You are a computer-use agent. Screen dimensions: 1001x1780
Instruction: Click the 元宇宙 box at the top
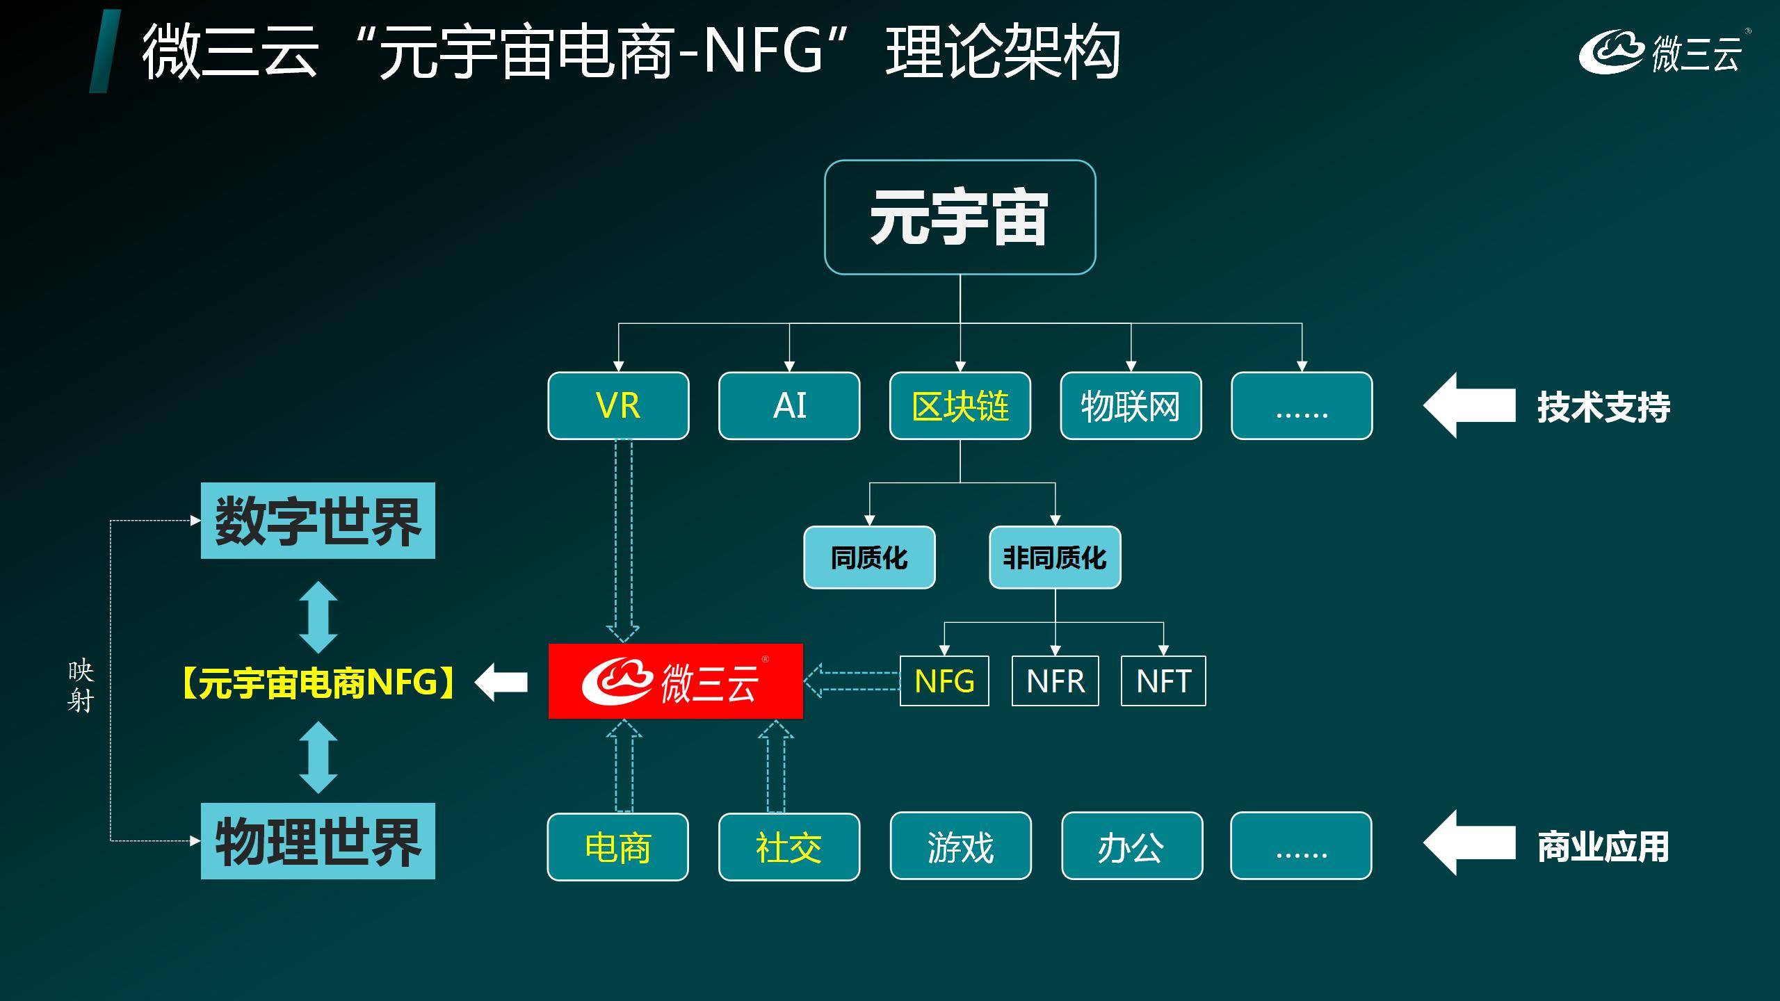(x=960, y=217)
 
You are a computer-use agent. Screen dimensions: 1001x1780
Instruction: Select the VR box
(x=618, y=406)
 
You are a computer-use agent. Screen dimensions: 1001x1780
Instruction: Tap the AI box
(x=789, y=406)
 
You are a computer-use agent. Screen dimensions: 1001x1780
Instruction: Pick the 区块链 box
(x=960, y=406)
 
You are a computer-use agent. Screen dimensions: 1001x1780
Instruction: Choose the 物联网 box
(x=1131, y=406)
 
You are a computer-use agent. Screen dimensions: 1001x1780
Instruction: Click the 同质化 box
(x=869, y=558)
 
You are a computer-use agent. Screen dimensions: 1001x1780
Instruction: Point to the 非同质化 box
(x=1055, y=558)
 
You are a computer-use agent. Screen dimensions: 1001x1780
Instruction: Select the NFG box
(x=944, y=681)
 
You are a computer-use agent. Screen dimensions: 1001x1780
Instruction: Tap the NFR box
(x=1055, y=681)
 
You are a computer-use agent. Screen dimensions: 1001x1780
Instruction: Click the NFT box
(x=1163, y=681)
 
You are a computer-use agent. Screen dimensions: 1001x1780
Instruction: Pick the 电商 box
(x=617, y=847)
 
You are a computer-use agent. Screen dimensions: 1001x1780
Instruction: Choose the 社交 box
(x=789, y=847)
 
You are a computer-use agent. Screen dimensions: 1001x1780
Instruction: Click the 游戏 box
(x=960, y=846)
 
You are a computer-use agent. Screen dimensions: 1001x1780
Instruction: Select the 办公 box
(x=1131, y=846)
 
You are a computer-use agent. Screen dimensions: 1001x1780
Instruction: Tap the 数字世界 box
(x=318, y=521)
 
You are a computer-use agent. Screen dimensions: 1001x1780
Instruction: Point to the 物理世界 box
(x=318, y=841)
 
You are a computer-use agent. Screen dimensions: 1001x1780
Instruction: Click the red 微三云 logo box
(x=675, y=681)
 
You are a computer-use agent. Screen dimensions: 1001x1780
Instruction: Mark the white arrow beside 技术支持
(x=1468, y=406)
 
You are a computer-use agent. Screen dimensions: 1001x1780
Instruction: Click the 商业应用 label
(x=1603, y=847)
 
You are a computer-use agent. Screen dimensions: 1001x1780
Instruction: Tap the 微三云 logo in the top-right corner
(x=1662, y=53)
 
